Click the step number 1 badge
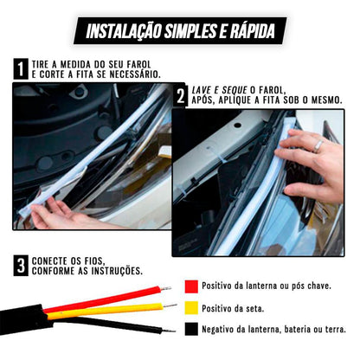pos(20,69)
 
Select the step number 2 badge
pos(181,96)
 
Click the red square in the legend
pos(190,286)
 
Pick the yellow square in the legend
pos(190,308)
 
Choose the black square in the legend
pos(190,330)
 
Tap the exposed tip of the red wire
pos(163,289)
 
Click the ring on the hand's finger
pos(319,147)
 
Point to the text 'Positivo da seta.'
pos(235,308)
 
